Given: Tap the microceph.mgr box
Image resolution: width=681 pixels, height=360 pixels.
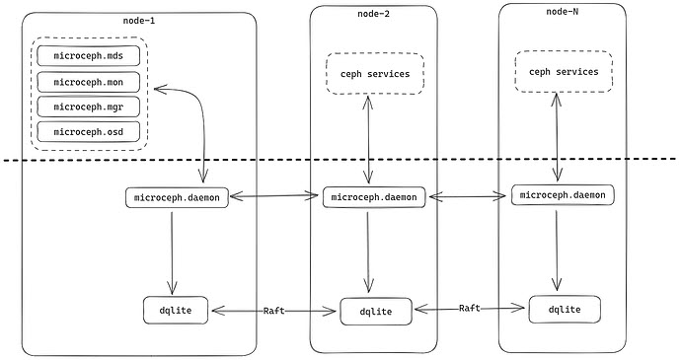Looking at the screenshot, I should [x=89, y=107].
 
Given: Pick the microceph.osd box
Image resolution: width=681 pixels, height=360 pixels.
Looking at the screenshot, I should [x=89, y=132].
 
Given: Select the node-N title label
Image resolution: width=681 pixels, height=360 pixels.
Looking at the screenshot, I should [x=562, y=11].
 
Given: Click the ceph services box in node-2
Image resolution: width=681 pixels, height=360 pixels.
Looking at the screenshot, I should [x=374, y=74].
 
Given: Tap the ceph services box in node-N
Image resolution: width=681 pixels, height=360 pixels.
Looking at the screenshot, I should [x=563, y=72].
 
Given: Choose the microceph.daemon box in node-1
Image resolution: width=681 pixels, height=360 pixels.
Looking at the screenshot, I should [x=178, y=196].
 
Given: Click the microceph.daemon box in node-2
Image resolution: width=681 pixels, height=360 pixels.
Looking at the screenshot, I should [x=374, y=197].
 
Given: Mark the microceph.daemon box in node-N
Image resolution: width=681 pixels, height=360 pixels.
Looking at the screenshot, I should [x=563, y=194].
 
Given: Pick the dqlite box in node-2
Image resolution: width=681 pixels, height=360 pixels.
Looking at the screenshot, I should [x=374, y=312].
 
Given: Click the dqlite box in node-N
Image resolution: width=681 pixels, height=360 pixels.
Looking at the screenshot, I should [x=563, y=309].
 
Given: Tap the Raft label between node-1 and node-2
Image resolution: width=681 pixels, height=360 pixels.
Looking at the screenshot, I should [x=274, y=311].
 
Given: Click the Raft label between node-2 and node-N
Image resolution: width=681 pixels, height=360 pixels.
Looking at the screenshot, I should [x=470, y=309].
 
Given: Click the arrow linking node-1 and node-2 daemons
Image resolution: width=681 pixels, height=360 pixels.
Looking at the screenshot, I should [x=276, y=197].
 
